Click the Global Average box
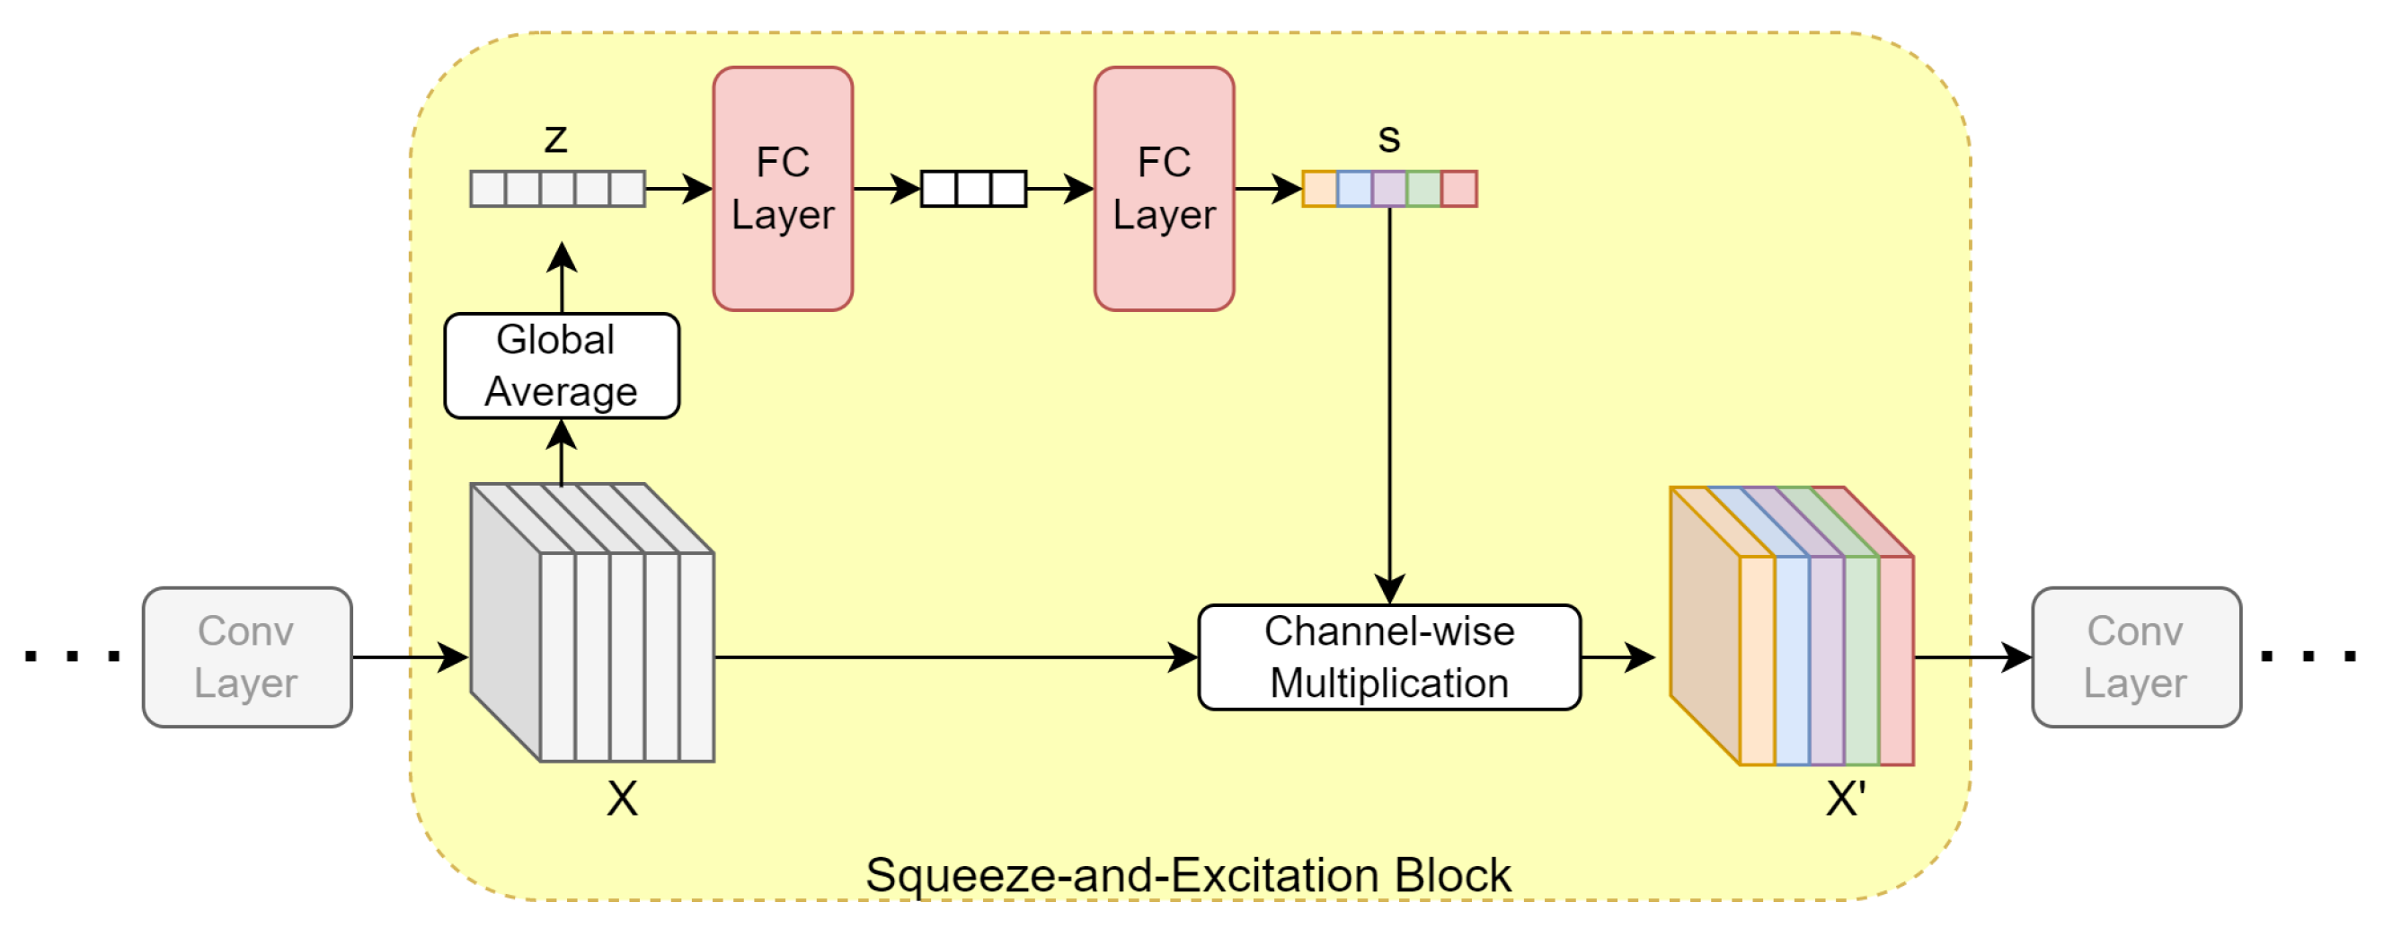tap(562, 366)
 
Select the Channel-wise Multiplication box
tap(1388, 657)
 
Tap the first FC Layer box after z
tap(782, 188)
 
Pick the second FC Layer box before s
tap(1164, 188)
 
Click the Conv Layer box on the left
tap(246, 657)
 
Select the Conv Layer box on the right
tap(2135, 657)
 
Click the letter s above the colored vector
tap(1388, 138)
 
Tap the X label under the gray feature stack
tap(622, 799)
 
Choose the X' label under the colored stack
tap(1846, 799)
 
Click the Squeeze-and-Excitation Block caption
tap(1188, 875)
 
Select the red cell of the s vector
tap(1458, 189)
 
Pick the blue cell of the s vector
tap(1354, 189)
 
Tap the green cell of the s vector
tap(1423, 189)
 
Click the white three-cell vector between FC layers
tap(973, 189)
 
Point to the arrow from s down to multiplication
tap(1389, 398)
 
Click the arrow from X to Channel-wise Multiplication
tap(953, 657)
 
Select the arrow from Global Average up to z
tap(562, 278)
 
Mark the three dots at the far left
tap(72, 657)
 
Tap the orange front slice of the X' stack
tap(1757, 660)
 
